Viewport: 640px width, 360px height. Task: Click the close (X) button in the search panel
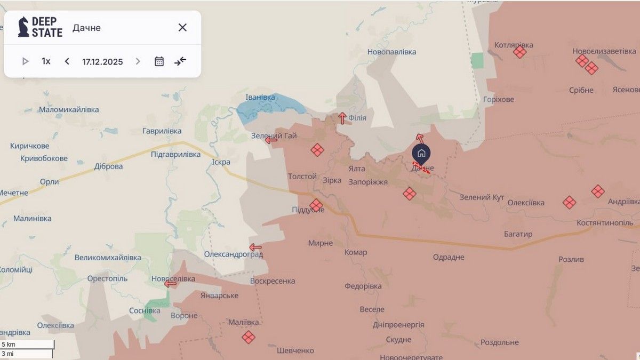tap(182, 28)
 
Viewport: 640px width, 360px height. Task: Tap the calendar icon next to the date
tap(159, 61)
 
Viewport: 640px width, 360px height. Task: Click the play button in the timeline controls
tap(25, 61)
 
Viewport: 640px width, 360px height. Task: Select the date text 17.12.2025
tap(102, 61)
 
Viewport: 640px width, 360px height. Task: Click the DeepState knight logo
tap(23, 27)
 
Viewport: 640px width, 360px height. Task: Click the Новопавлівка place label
tap(391, 52)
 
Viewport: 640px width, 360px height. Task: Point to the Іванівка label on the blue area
tap(260, 97)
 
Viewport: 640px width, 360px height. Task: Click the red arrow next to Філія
tap(342, 118)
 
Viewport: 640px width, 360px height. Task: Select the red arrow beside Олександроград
tap(255, 247)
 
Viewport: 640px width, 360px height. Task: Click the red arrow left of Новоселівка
tap(170, 284)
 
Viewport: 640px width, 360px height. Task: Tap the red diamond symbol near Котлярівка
tap(519, 52)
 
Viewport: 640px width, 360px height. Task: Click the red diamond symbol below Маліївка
tap(248, 337)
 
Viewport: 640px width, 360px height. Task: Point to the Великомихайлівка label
tap(108, 257)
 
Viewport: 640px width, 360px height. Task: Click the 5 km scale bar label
tap(9, 345)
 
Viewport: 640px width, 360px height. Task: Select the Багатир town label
tap(518, 234)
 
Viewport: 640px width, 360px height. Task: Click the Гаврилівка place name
tap(162, 131)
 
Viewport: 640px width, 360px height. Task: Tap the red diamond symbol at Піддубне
tap(316, 205)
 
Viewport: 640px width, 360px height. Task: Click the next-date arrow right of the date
tap(138, 61)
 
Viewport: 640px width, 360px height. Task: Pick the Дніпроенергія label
tap(398, 324)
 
